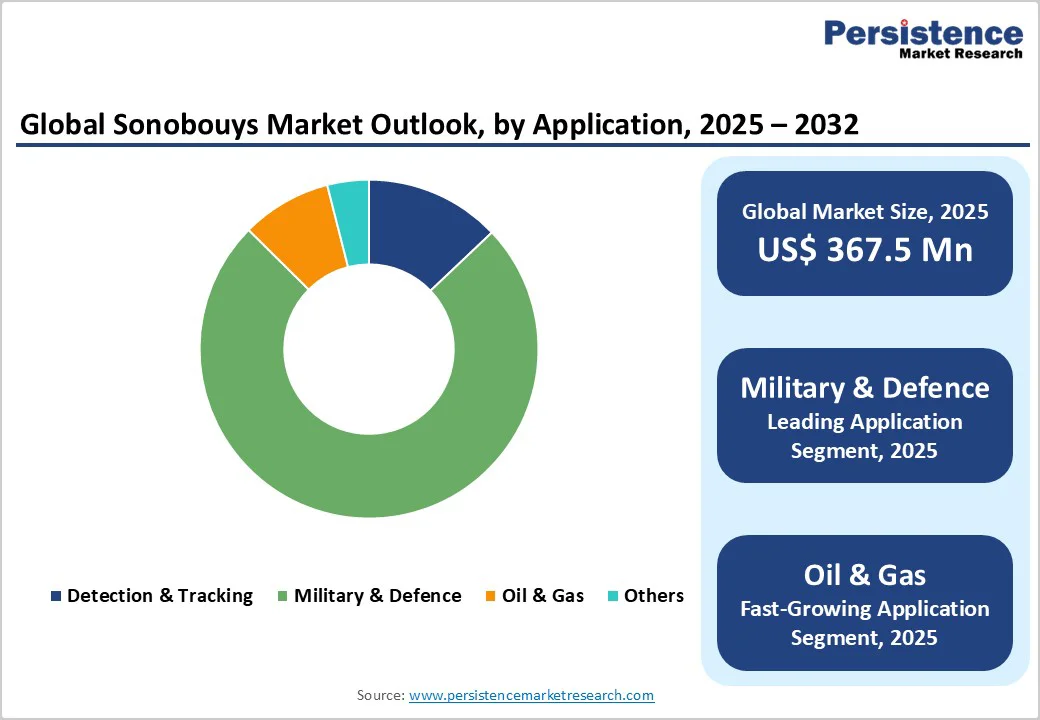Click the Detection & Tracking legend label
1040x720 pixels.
(x=160, y=596)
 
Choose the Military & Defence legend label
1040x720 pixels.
(x=377, y=596)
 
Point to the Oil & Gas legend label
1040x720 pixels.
(x=543, y=596)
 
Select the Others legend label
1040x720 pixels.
(x=654, y=596)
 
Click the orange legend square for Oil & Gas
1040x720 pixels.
(x=490, y=597)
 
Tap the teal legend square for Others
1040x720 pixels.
(x=612, y=597)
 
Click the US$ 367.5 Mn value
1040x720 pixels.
(x=865, y=249)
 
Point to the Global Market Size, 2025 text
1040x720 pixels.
(x=865, y=211)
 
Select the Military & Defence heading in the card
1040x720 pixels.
(x=865, y=388)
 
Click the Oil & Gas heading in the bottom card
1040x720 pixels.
(x=865, y=575)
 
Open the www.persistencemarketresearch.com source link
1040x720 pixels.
(x=532, y=695)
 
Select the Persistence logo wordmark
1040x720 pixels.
(x=923, y=32)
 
